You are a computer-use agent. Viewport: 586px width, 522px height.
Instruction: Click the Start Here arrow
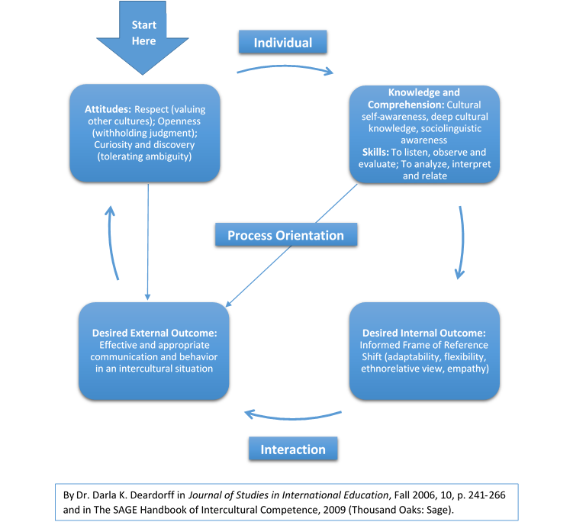coord(143,37)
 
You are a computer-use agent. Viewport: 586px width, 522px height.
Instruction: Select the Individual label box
coord(283,42)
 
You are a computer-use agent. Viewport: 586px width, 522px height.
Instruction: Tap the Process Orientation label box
coord(286,235)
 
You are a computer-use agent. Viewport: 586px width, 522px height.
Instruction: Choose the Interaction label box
coord(293,449)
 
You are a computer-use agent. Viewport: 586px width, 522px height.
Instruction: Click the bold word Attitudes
coord(108,109)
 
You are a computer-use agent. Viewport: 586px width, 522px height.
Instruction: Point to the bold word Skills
coord(375,152)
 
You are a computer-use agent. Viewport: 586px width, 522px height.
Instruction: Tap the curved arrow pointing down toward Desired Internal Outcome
coord(462,242)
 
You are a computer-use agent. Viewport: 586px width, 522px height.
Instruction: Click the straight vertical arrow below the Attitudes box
coord(148,242)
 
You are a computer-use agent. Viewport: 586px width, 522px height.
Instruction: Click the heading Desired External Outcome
coord(154,333)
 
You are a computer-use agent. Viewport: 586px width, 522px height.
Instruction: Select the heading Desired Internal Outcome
coord(423,333)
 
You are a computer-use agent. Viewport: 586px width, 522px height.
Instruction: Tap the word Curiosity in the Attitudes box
coord(113,145)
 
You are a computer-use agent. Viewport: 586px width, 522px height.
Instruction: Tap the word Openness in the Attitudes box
coord(179,121)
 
